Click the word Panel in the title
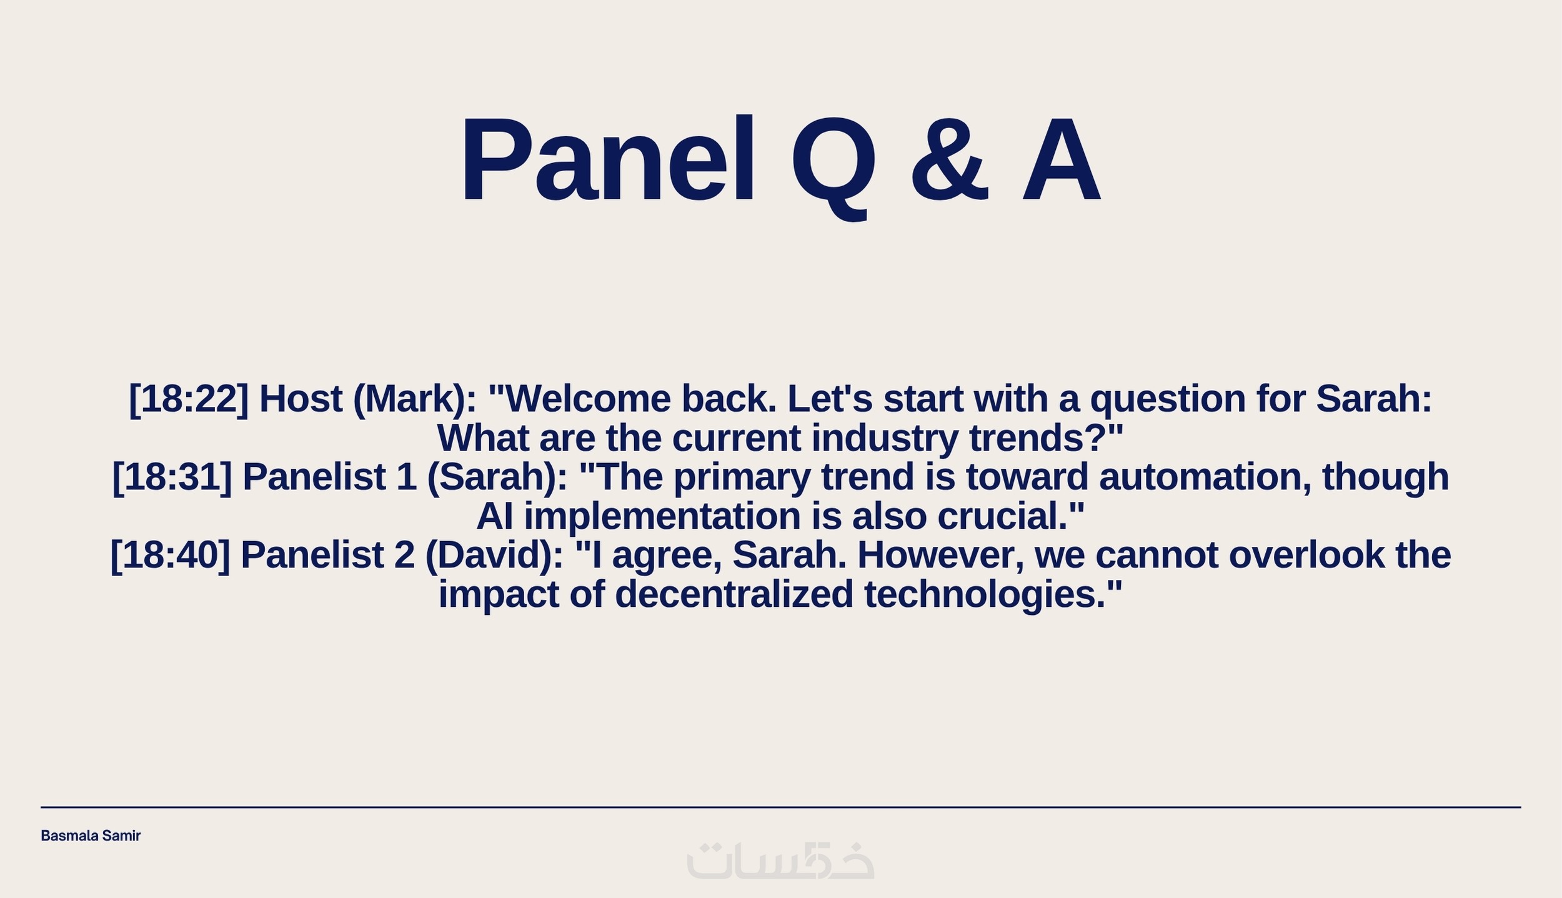[x=608, y=160]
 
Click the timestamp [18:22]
[x=188, y=399]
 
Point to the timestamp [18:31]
[x=172, y=477]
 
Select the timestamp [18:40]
[x=170, y=556]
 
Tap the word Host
[x=301, y=399]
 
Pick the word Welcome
[x=588, y=399]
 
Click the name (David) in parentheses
[x=494, y=556]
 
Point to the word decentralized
[x=734, y=594]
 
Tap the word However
[x=941, y=555]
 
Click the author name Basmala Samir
[x=91, y=836]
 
